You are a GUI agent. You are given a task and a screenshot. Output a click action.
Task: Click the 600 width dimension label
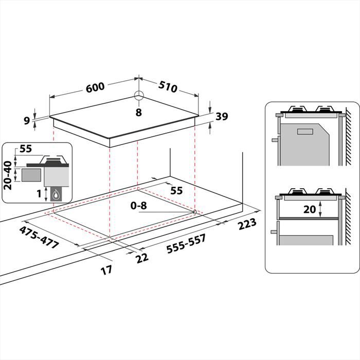(x=95, y=88)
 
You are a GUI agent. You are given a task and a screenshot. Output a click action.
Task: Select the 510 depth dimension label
(x=168, y=88)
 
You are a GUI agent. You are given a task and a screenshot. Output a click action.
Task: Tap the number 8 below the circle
(x=138, y=112)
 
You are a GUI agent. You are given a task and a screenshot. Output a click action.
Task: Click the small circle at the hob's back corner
(x=138, y=95)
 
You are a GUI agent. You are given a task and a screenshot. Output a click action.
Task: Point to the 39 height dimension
(x=221, y=116)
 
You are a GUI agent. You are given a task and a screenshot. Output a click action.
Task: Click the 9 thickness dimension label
(x=27, y=120)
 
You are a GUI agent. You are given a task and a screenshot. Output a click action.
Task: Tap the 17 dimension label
(x=106, y=269)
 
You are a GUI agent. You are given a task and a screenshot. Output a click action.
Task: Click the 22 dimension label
(x=141, y=257)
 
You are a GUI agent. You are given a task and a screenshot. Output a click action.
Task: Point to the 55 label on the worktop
(x=176, y=190)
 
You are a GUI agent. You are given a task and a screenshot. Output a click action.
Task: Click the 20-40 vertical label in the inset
(x=9, y=174)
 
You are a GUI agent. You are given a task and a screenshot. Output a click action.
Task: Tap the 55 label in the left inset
(x=26, y=150)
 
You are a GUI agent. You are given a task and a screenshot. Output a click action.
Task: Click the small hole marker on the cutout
(x=194, y=211)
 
